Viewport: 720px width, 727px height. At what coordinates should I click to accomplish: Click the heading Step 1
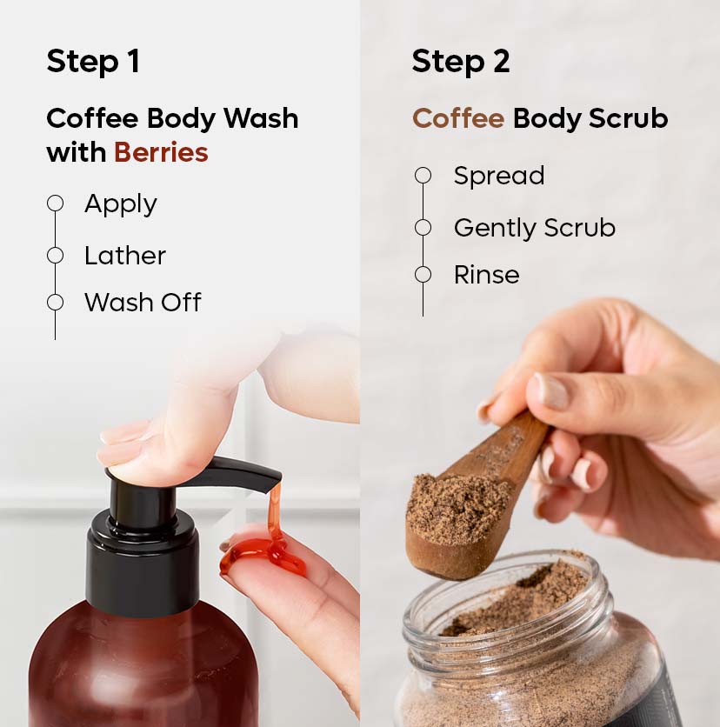point(93,62)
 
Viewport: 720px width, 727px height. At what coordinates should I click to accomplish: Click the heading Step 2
point(461,62)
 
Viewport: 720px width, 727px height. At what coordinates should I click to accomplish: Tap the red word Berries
point(161,153)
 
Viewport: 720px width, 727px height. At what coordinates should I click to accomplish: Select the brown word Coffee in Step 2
point(458,118)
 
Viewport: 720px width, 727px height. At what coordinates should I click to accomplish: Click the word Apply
point(121,204)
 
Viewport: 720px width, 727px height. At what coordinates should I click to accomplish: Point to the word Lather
point(125,256)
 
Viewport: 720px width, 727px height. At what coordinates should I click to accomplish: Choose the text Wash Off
point(143,303)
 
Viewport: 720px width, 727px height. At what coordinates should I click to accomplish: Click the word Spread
point(499,176)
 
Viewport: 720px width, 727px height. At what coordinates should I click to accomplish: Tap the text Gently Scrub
point(534,228)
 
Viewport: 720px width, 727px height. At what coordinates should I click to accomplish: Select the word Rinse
point(486,275)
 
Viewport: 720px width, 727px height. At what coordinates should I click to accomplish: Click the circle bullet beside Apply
point(56,203)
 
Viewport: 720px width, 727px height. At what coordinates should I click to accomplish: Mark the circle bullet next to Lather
point(56,256)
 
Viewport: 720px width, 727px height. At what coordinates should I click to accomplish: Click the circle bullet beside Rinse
point(423,275)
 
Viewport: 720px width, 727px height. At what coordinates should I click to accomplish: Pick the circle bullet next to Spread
point(423,176)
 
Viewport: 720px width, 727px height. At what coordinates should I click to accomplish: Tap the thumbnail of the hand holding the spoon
point(549,390)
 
